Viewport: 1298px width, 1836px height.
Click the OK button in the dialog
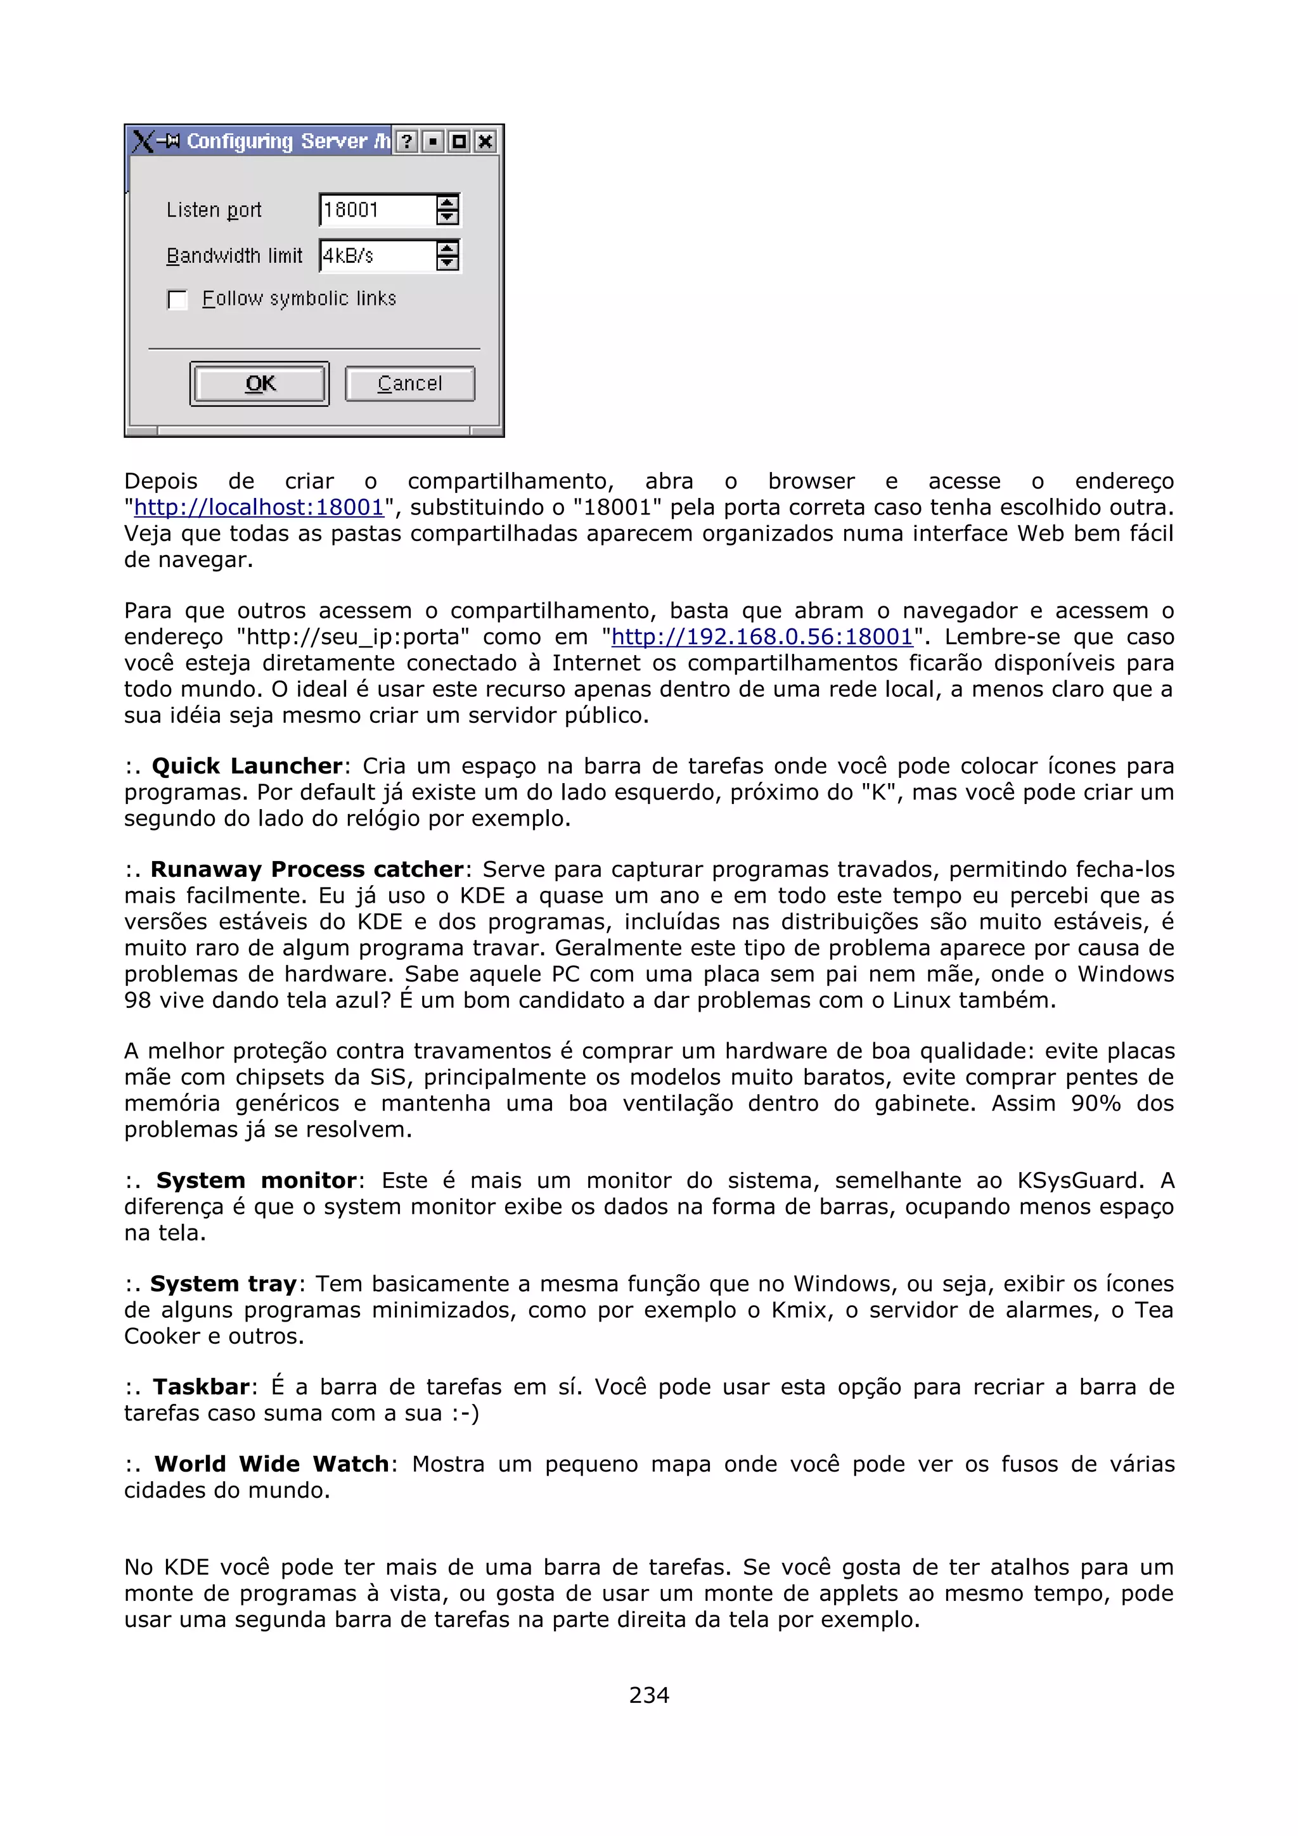[x=260, y=384]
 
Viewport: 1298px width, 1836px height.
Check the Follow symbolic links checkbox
[x=177, y=300]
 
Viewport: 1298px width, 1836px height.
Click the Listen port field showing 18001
[x=376, y=210]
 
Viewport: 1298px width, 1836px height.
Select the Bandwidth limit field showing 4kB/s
[x=376, y=256]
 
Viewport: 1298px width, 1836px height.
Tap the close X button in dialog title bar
[x=485, y=141]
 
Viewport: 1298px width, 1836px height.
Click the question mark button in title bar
[x=407, y=141]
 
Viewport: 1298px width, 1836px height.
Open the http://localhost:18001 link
[x=259, y=507]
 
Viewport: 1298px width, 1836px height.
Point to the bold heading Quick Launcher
[x=247, y=766]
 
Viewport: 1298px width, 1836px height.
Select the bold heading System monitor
[x=256, y=1180]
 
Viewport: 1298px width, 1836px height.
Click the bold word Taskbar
[x=202, y=1387]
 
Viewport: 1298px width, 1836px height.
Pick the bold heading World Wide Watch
[x=271, y=1464]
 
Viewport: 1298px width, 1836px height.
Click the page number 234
[x=648, y=1695]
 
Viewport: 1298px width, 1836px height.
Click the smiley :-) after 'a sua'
[x=465, y=1413]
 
